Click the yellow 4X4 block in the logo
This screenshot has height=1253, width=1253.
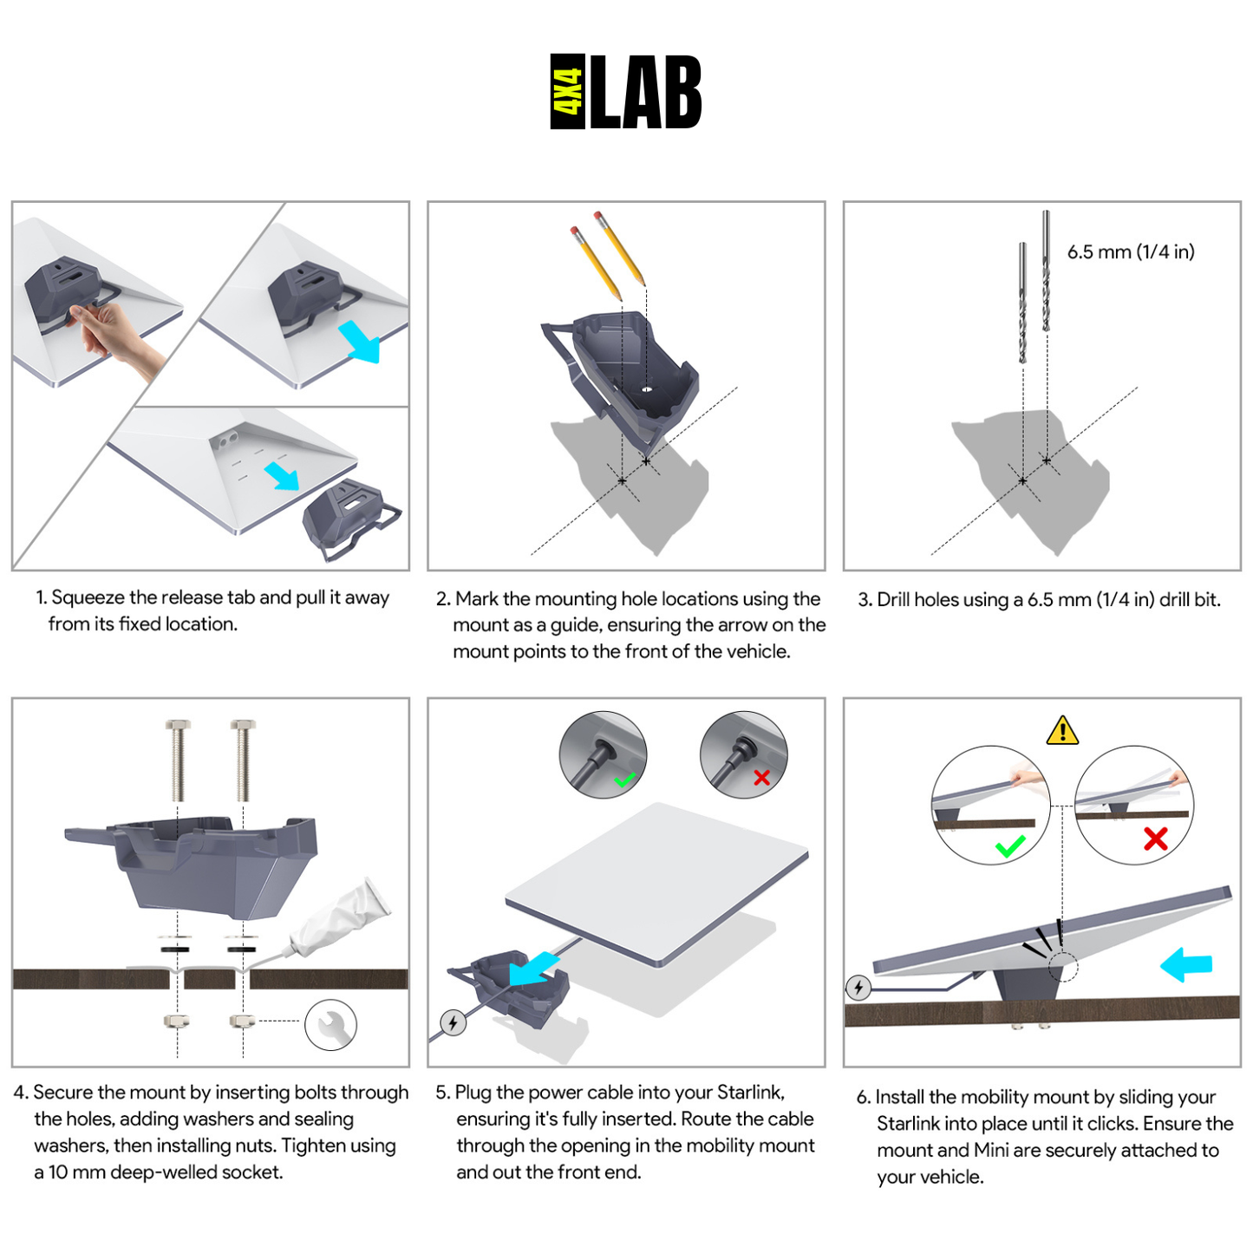coord(568,92)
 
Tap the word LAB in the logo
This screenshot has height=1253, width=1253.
coord(646,92)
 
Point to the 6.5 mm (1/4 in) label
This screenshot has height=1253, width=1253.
coord(1131,252)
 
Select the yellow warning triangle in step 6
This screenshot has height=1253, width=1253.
coord(1062,731)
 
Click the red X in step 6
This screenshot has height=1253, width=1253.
coord(1155,839)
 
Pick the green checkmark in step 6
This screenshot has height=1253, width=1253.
coord(1010,845)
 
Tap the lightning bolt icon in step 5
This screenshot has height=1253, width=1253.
coord(453,1022)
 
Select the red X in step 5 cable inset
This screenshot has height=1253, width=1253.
coord(761,778)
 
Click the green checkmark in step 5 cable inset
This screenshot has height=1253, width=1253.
coord(624,780)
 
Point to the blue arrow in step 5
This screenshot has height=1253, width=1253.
coord(532,968)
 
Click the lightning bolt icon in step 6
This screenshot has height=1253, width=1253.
coord(858,987)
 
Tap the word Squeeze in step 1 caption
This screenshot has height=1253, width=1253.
coord(88,597)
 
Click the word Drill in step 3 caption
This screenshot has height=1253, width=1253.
coord(899,600)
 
